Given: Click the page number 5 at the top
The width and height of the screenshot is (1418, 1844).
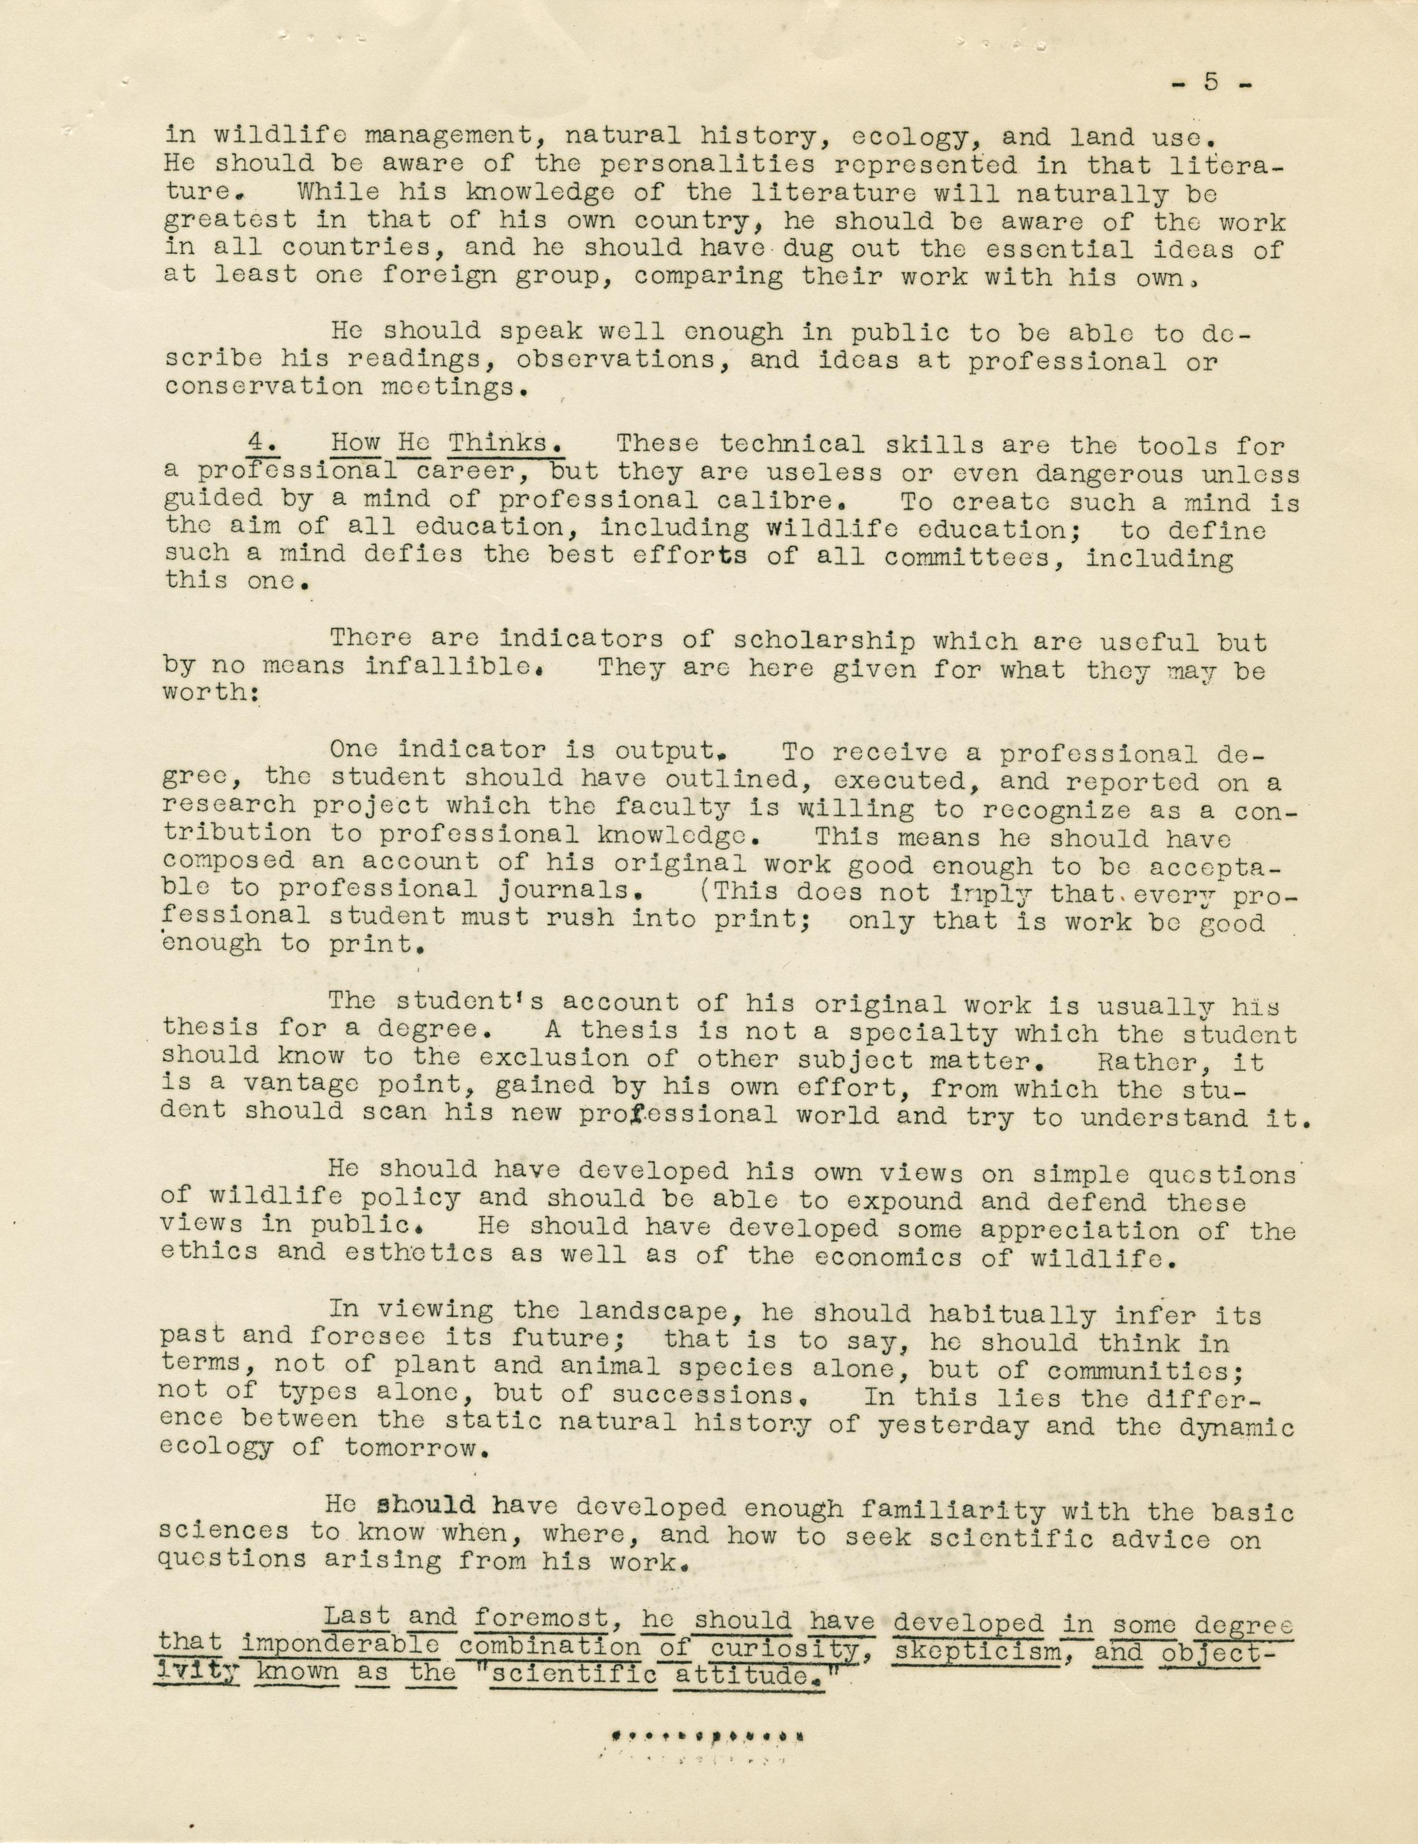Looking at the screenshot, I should tap(1211, 83).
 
